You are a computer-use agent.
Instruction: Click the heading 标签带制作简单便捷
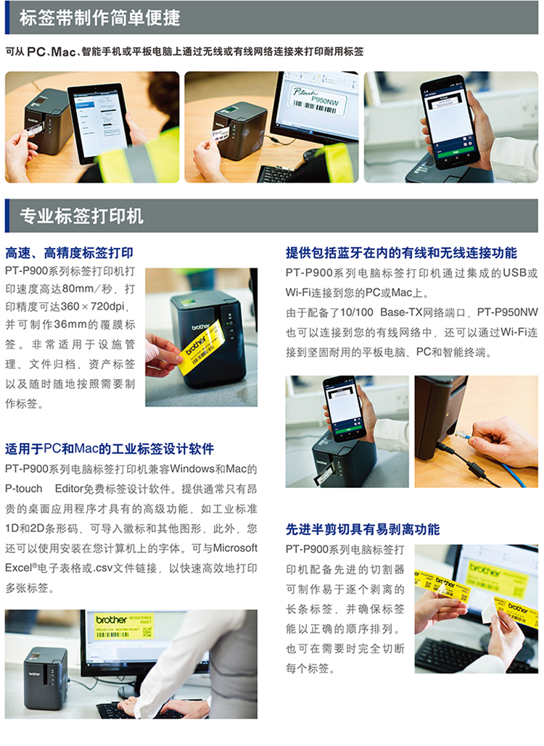coord(100,18)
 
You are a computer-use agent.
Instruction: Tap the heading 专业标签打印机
coord(81,216)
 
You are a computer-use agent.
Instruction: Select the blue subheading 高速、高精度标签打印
coord(70,252)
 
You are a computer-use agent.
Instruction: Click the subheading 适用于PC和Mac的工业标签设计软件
coord(110,449)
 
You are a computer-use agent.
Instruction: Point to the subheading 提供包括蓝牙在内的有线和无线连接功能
coord(401,252)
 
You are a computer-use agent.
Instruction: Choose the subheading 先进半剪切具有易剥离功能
coord(363,529)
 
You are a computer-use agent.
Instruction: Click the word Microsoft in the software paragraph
coord(235,548)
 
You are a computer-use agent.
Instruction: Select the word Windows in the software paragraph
coord(192,469)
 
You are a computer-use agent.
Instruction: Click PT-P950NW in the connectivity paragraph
coord(507,312)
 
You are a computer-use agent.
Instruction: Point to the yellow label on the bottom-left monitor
coord(124,626)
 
